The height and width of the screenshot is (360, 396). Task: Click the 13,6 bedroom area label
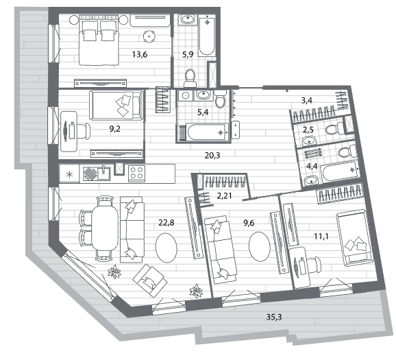pyautogui.click(x=140, y=54)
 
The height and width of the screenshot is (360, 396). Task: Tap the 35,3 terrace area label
pyautogui.click(x=274, y=317)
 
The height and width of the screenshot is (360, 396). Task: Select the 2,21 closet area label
pyautogui.click(x=224, y=195)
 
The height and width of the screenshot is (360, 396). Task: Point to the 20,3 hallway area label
pyautogui.click(x=212, y=155)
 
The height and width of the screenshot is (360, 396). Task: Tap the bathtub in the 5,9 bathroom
pyautogui.click(x=207, y=35)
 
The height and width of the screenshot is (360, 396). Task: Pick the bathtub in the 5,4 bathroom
pyautogui.click(x=208, y=132)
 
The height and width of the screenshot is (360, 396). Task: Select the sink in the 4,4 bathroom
pyautogui.click(x=312, y=180)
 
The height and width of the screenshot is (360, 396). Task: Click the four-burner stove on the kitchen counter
pyautogui.click(x=136, y=173)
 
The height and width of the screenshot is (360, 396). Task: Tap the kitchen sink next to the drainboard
pyautogui.click(x=103, y=173)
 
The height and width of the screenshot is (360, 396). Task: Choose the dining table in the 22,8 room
pyautogui.click(x=105, y=228)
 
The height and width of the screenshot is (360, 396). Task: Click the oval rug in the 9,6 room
pyautogui.click(x=260, y=246)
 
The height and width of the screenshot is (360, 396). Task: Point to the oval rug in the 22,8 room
pyautogui.click(x=166, y=248)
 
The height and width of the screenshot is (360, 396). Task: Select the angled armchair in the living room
pyautogui.click(x=150, y=280)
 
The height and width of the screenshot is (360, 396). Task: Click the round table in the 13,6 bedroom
pyautogui.click(x=149, y=36)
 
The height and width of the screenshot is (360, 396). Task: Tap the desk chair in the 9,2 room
pyautogui.click(x=83, y=131)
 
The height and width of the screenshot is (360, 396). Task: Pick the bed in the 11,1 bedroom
pyautogui.click(x=355, y=238)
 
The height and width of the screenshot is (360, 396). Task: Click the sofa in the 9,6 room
pyautogui.click(x=221, y=250)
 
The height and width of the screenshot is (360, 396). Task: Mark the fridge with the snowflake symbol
pyautogui.click(x=69, y=174)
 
